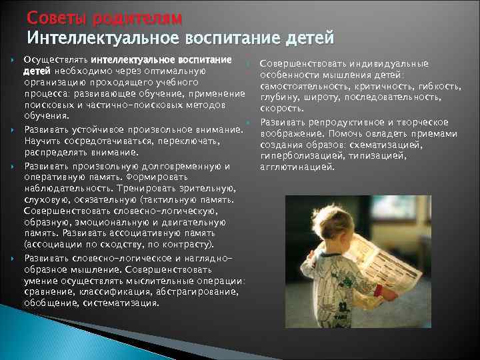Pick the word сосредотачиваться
click(102, 141)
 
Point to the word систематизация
click(121, 302)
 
